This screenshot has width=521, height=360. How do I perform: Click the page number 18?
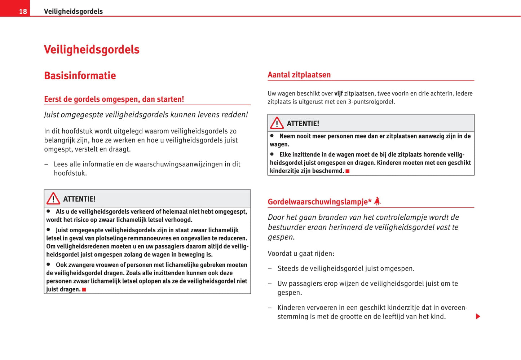coord(23,12)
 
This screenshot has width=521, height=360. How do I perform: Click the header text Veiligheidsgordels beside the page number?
coord(73,12)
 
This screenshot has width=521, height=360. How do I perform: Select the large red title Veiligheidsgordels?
coord(92,49)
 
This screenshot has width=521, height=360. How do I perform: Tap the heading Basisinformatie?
coord(80,76)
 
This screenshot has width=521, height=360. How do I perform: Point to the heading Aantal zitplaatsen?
coord(299,75)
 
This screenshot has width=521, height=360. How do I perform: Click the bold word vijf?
coord(339,93)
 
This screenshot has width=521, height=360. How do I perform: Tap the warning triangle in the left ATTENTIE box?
coord(53,198)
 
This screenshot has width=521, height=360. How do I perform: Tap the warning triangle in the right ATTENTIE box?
coord(277,123)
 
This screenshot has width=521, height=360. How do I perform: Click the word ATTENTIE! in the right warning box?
coord(303,124)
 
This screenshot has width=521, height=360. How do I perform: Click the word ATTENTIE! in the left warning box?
coord(79,199)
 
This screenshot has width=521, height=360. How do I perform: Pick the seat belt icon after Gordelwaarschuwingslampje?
coord(377,201)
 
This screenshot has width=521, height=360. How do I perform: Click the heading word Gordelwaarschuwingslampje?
coord(319,202)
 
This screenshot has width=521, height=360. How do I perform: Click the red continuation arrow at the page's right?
coord(478,316)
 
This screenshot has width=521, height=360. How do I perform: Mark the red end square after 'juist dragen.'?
coord(84,289)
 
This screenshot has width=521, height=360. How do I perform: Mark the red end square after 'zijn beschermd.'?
coord(348,171)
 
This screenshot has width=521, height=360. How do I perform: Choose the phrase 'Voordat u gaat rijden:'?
coord(301,254)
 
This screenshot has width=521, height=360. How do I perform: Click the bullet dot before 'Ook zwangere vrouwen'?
coord(48,264)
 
